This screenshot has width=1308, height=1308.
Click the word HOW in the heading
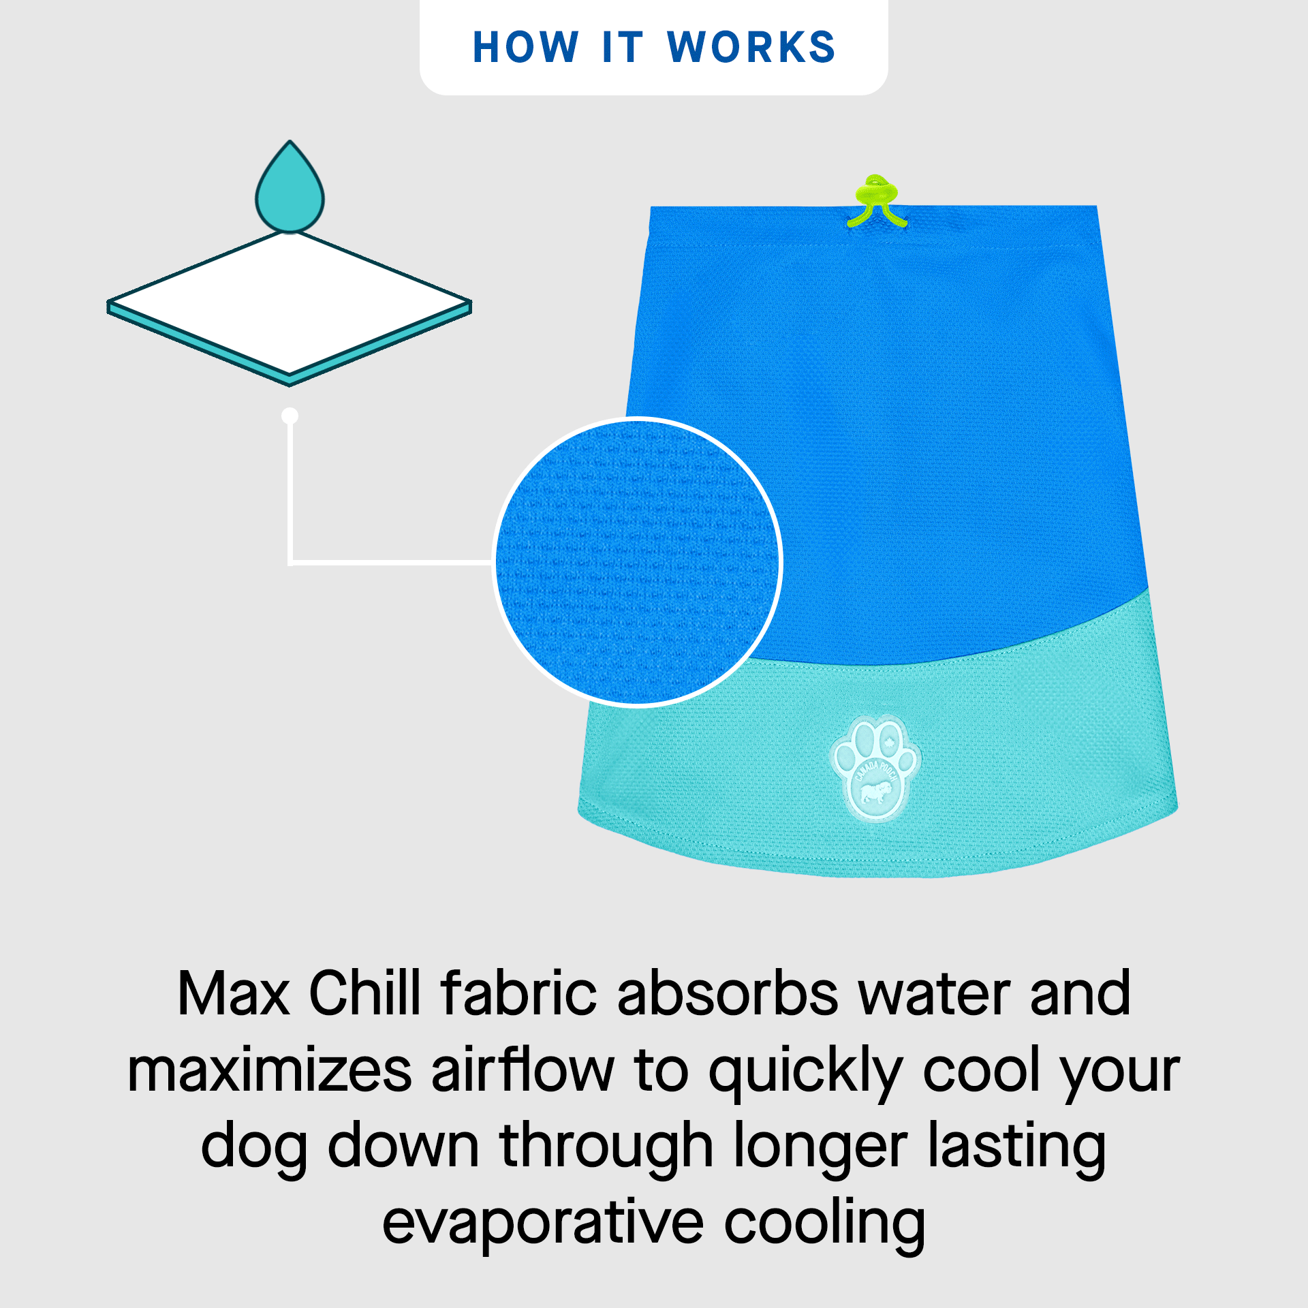(526, 48)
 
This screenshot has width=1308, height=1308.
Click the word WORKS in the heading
(751, 48)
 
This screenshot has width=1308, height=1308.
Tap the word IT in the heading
(623, 48)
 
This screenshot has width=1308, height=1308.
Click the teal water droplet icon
(290, 187)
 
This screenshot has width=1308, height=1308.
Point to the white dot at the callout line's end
(290, 416)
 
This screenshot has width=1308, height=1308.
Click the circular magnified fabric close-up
(638, 563)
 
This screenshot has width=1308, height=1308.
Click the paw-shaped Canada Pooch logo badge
(875, 768)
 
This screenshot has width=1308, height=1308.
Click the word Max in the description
(234, 994)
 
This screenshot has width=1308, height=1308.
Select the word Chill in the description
(365, 993)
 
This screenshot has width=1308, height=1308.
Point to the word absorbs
(728, 993)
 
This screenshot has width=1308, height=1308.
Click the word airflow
(523, 1068)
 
